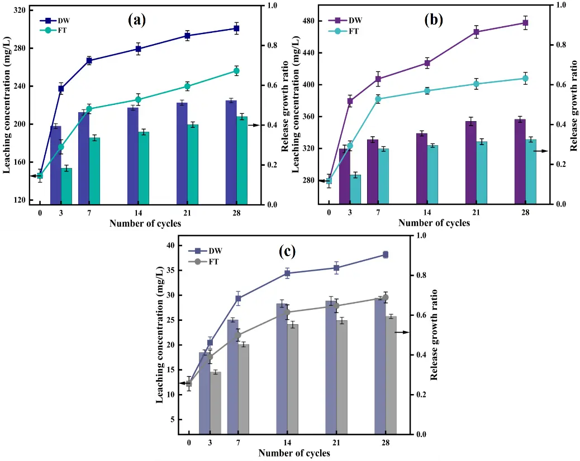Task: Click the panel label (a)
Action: click(136, 21)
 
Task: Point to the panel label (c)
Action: click(287, 251)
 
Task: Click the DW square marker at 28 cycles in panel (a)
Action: click(236, 28)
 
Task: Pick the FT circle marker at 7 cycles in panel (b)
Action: click(378, 99)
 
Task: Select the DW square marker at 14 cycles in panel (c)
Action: click(287, 273)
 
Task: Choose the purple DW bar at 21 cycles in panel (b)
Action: click(471, 162)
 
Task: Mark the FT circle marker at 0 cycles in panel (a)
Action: click(40, 175)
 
